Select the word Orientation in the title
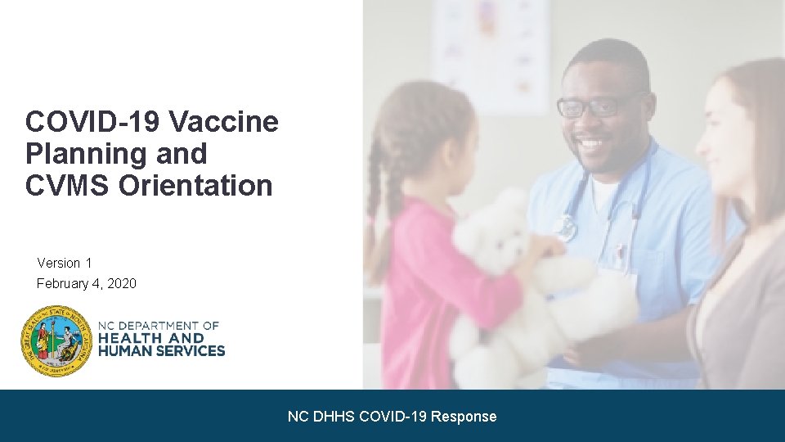click(x=195, y=186)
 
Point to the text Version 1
click(x=65, y=263)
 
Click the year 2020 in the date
click(x=121, y=283)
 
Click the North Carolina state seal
click(x=56, y=341)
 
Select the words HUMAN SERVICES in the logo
click(x=161, y=350)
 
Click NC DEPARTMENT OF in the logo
click(x=159, y=326)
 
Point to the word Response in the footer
click(x=464, y=417)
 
